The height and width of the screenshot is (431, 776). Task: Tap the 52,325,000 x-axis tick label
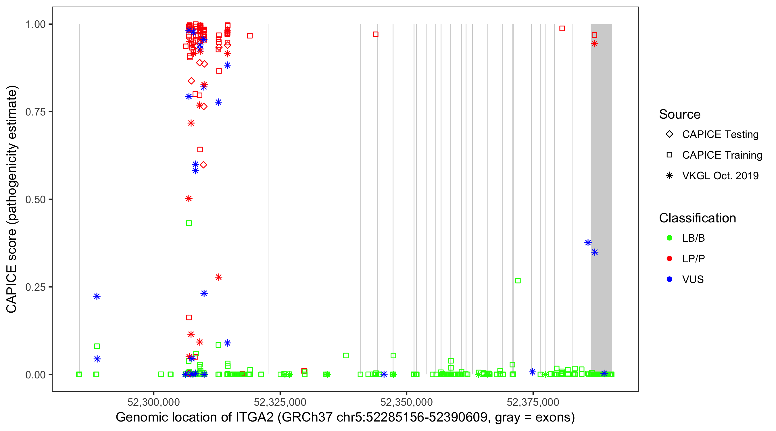point(280,402)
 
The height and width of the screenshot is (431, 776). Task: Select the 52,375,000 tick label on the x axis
point(533,402)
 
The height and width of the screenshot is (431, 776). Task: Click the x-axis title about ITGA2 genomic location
point(345,417)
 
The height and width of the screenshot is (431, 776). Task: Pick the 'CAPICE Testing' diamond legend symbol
point(669,134)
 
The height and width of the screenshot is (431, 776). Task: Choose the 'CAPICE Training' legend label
point(722,155)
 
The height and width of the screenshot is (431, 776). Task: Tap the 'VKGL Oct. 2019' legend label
point(720,176)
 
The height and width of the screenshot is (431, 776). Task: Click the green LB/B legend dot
point(669,238)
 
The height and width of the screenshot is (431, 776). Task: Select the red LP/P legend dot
point(669,259)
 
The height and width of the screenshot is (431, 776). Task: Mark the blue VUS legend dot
point(669,280)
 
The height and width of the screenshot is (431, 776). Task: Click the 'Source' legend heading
point(680,114)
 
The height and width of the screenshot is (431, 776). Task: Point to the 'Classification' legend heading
point(697,218)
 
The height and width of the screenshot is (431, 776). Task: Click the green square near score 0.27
point(518,281)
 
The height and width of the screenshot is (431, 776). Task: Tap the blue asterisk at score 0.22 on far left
point(97,296)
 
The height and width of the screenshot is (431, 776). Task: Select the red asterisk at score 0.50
point(189,199)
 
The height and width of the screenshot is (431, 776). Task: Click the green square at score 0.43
point(189,223)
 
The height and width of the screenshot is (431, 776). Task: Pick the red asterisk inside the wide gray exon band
point(594,44)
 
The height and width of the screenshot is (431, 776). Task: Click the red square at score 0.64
point(200,150)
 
